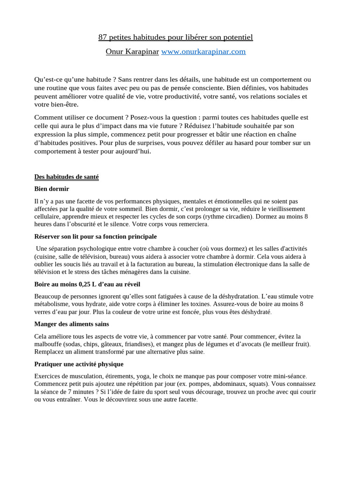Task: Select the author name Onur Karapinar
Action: [132, 52]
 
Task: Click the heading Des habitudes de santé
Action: [67, 177]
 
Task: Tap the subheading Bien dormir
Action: [52, 189]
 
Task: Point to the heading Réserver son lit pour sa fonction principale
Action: [96, 236]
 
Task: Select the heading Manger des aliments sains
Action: [72, 324]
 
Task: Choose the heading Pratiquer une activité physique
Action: [79, 364]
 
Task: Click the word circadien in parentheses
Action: [238, 217]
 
